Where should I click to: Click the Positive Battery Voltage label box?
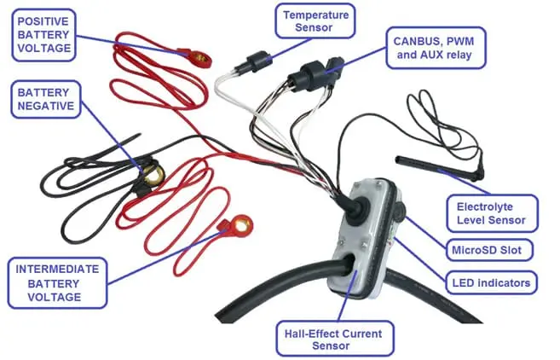[x=44, y=35]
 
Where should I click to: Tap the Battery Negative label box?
[x=46, y=100]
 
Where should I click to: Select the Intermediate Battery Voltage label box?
[x=57, y=282]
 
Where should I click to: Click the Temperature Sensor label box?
[x=315, y=21]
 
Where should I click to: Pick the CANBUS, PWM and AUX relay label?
[x=436, y=48]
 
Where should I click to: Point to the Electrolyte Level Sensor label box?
[x=492, y=213]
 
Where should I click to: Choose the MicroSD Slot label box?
[x=489, y=250]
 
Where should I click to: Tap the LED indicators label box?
[x=492, y=282]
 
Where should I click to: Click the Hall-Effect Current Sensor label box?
[x=335, y=340]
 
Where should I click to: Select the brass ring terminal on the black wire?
[x=154, y=175]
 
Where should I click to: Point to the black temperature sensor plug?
[x=256, y=61]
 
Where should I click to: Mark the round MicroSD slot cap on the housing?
[x=400, y=211]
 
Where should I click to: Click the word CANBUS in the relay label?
[x=415, y=42]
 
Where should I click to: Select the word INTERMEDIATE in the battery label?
[x=57, y=269]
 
